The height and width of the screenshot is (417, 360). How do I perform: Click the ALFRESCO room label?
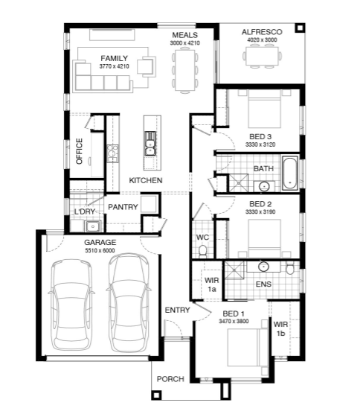[x=262, y=32]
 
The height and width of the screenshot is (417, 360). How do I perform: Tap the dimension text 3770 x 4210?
[x=115, y=66]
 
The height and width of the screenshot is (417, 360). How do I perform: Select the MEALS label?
[x=185, y=35]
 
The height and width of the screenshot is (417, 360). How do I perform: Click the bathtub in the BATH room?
[x=289, y=174]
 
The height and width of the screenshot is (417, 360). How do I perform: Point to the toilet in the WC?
[x=203, y=252]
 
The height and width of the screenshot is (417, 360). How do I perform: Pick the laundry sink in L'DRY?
[x=93, y=226]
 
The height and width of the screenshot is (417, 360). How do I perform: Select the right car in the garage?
[x=129, y=302]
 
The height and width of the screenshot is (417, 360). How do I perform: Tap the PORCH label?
[x=170, y=379]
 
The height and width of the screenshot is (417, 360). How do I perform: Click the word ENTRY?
[x=177, y=310]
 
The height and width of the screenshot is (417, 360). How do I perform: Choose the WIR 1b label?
[x=280, y=328]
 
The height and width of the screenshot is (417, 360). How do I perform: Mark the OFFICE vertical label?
[x=79, y=151]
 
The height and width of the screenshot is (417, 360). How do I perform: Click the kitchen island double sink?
[x=150, y=144]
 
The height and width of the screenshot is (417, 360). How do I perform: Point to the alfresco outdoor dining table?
[x=262, y=56]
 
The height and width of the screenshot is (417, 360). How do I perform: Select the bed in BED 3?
[x=264, y=109]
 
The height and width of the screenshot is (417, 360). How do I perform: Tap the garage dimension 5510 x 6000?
[x=100, y=250]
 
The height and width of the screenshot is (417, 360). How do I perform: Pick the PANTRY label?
[x=123, y=207]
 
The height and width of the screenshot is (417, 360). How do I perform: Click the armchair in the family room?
[x=146, y=66]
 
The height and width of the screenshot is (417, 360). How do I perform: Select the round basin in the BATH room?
[x=264, y=186]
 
